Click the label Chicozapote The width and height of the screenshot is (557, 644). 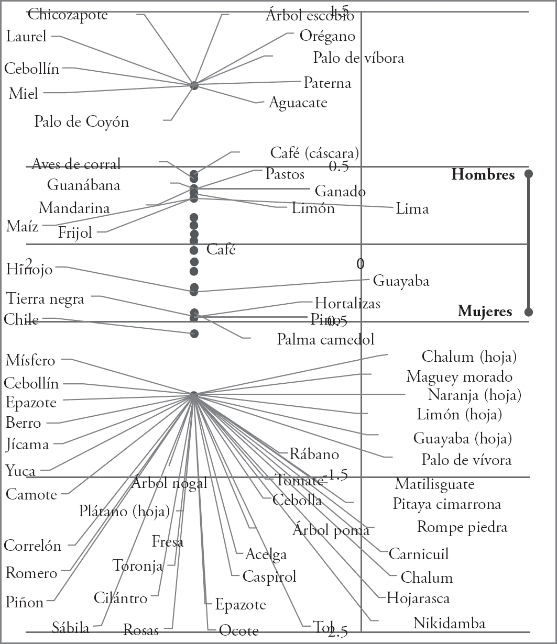(x=68, y=14)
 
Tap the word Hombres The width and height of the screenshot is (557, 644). (x=483, y=175)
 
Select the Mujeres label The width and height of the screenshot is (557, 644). (x=485, y=312)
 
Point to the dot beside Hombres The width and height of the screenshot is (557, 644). (x=529, y=174)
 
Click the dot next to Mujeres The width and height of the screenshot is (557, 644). (x=529, y=312)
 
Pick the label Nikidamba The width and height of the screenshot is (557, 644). (x=449, y=623)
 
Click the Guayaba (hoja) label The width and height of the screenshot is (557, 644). (x=462, y=438)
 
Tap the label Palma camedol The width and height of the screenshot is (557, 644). (x=325, y=339)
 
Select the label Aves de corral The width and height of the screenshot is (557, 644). (x=76, y=164)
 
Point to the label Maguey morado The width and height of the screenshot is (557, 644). (x=459, y=376)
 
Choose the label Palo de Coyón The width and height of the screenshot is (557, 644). (x=81, y=122)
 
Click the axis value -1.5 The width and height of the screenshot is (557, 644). (x=335, y=475)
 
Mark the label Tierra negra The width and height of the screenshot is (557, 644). (x=45, y=299)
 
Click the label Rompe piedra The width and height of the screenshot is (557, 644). (x=462, y=527)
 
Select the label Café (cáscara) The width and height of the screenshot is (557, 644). (x=314, y=153)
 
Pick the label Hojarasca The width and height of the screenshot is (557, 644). (x=418, y=597)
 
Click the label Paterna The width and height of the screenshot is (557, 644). (x=327, y=83)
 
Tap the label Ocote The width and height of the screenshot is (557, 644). (x=238, y=630)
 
